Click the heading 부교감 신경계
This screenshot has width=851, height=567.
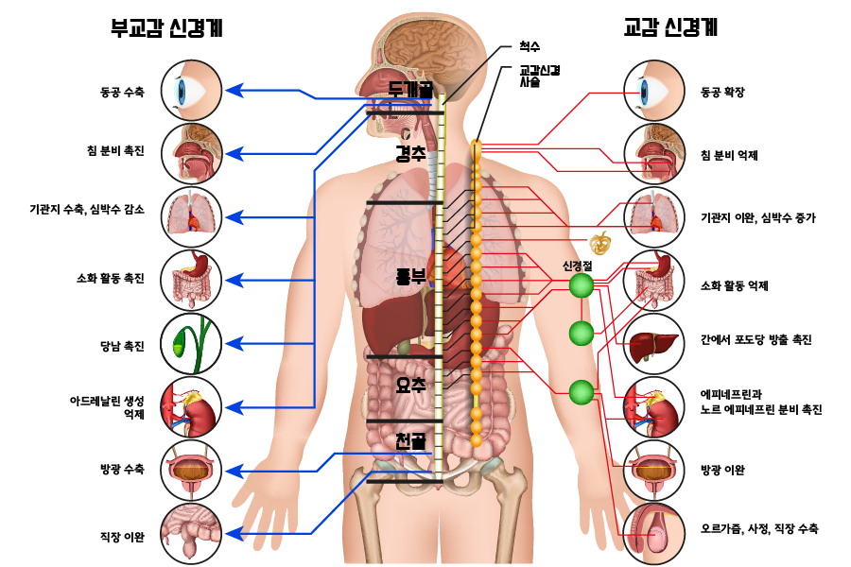tap(166, 27)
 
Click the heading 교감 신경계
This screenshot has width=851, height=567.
tap(670, 27)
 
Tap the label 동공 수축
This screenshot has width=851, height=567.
tap(122, 93)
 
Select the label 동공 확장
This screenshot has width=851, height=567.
tap(722, 93)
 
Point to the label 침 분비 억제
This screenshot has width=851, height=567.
tap(729, 156)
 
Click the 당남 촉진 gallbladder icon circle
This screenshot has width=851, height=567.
tap(192, 344)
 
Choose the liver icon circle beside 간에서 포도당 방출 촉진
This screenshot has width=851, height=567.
tap(654, 344)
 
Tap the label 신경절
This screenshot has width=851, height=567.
tap(577, 266)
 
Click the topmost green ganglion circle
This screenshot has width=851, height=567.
tap(582, 285)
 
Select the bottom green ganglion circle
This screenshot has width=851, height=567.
tap(582, 392)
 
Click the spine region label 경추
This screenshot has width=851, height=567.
tap(410, 154)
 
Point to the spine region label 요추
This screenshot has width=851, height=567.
tap(411, 386)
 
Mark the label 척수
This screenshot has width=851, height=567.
tap(530, 46)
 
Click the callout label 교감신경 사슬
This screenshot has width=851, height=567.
tap(540, 77)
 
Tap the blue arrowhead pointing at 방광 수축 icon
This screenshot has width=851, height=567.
tap(234, 471)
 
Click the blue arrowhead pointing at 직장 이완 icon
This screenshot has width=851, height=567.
tap(234, 534)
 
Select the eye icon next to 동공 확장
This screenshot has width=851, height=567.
tap(654, 91)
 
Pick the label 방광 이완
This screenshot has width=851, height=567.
tap(722, 470)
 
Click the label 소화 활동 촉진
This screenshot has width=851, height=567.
tap(111, 279)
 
